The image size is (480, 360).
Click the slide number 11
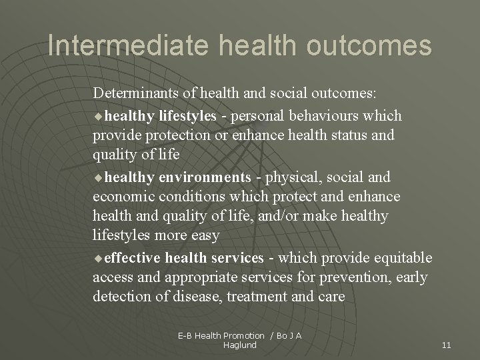447,345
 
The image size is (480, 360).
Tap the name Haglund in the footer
240,345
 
